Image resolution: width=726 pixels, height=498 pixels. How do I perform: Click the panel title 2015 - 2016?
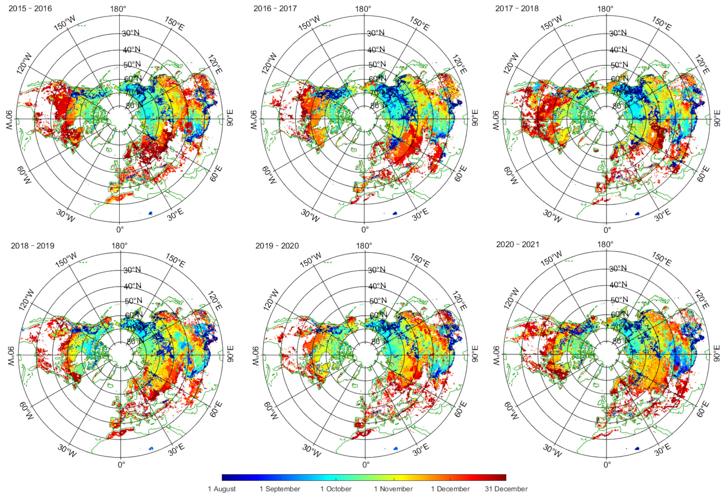coord(30,8)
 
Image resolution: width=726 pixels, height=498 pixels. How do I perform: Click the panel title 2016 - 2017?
coord(275,8)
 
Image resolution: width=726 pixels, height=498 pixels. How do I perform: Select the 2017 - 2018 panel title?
coord(517,8)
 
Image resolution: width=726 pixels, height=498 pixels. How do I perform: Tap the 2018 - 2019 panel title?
coord(33,246)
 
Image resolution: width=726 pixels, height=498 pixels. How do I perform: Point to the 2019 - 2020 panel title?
coord(277,246)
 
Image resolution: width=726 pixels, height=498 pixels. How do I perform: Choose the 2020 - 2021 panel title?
coord(518,244)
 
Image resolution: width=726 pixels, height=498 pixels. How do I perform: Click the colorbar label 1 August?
coord(222,489)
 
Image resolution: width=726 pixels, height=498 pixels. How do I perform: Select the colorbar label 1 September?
coord(280,489)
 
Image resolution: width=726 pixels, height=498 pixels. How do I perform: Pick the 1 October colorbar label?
coord(336,489)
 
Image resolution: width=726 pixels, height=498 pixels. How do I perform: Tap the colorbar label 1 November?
coord(393,489)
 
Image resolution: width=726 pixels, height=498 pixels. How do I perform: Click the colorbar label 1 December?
coord(450,489)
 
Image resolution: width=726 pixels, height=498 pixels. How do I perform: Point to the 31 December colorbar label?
coord(506,489)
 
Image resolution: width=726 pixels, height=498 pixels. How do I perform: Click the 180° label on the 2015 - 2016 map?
coord(118,9)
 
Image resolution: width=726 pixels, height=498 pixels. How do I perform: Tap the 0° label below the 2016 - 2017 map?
coord(365,229)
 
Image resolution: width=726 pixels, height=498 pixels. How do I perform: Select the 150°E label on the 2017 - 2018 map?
coord(661,23)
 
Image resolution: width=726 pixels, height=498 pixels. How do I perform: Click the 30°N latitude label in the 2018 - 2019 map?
coord(132,270)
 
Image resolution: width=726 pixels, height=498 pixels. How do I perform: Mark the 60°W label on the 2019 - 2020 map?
coord(271,411)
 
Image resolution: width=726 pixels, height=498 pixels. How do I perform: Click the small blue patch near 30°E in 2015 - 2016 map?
coord(150,213)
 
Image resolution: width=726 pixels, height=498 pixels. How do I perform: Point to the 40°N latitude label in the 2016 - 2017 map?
coord(376,49)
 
